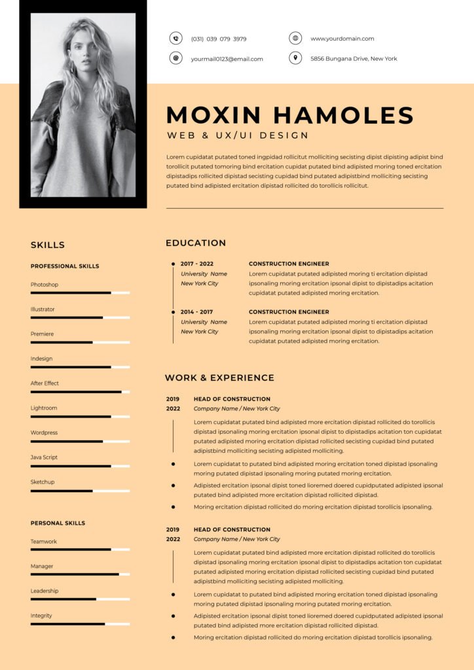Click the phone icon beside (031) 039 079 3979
point(175,39)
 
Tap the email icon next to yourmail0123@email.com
point(175,58)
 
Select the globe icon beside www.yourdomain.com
point(295,39)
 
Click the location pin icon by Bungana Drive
point(295,58)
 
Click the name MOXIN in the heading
point(213,116)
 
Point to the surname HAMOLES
point(343,116)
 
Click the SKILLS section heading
point(48,245)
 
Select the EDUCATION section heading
point(196,243)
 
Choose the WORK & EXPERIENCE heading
point(219,378)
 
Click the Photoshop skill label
point(45,285)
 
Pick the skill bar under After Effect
point(80,392)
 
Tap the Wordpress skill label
point(44,432)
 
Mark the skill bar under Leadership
point(80,599)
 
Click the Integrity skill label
point(41,616)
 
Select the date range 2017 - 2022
point(197,264)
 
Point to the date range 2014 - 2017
point(196,312)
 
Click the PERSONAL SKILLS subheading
point(58,523)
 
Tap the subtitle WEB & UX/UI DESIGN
point(238,135)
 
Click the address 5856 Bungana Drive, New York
point(354,59)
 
